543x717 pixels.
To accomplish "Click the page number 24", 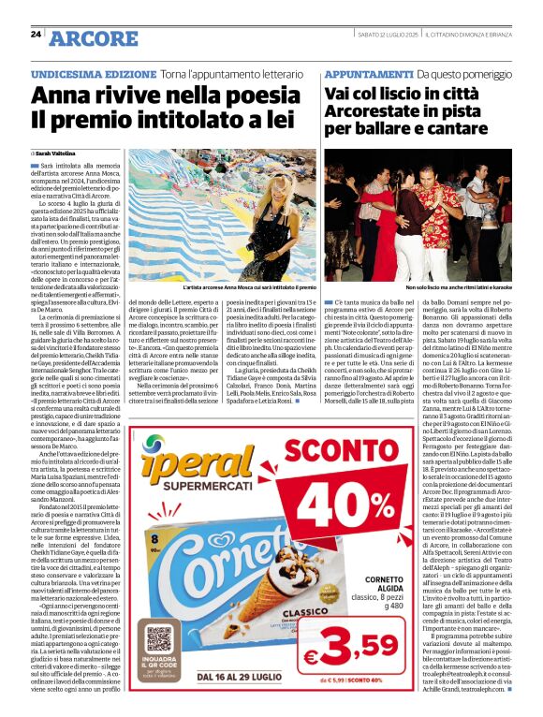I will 36,35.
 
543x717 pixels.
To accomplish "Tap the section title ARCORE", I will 94,38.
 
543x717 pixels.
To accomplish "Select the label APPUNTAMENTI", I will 368,72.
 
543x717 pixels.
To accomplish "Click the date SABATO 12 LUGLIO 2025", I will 387,36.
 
